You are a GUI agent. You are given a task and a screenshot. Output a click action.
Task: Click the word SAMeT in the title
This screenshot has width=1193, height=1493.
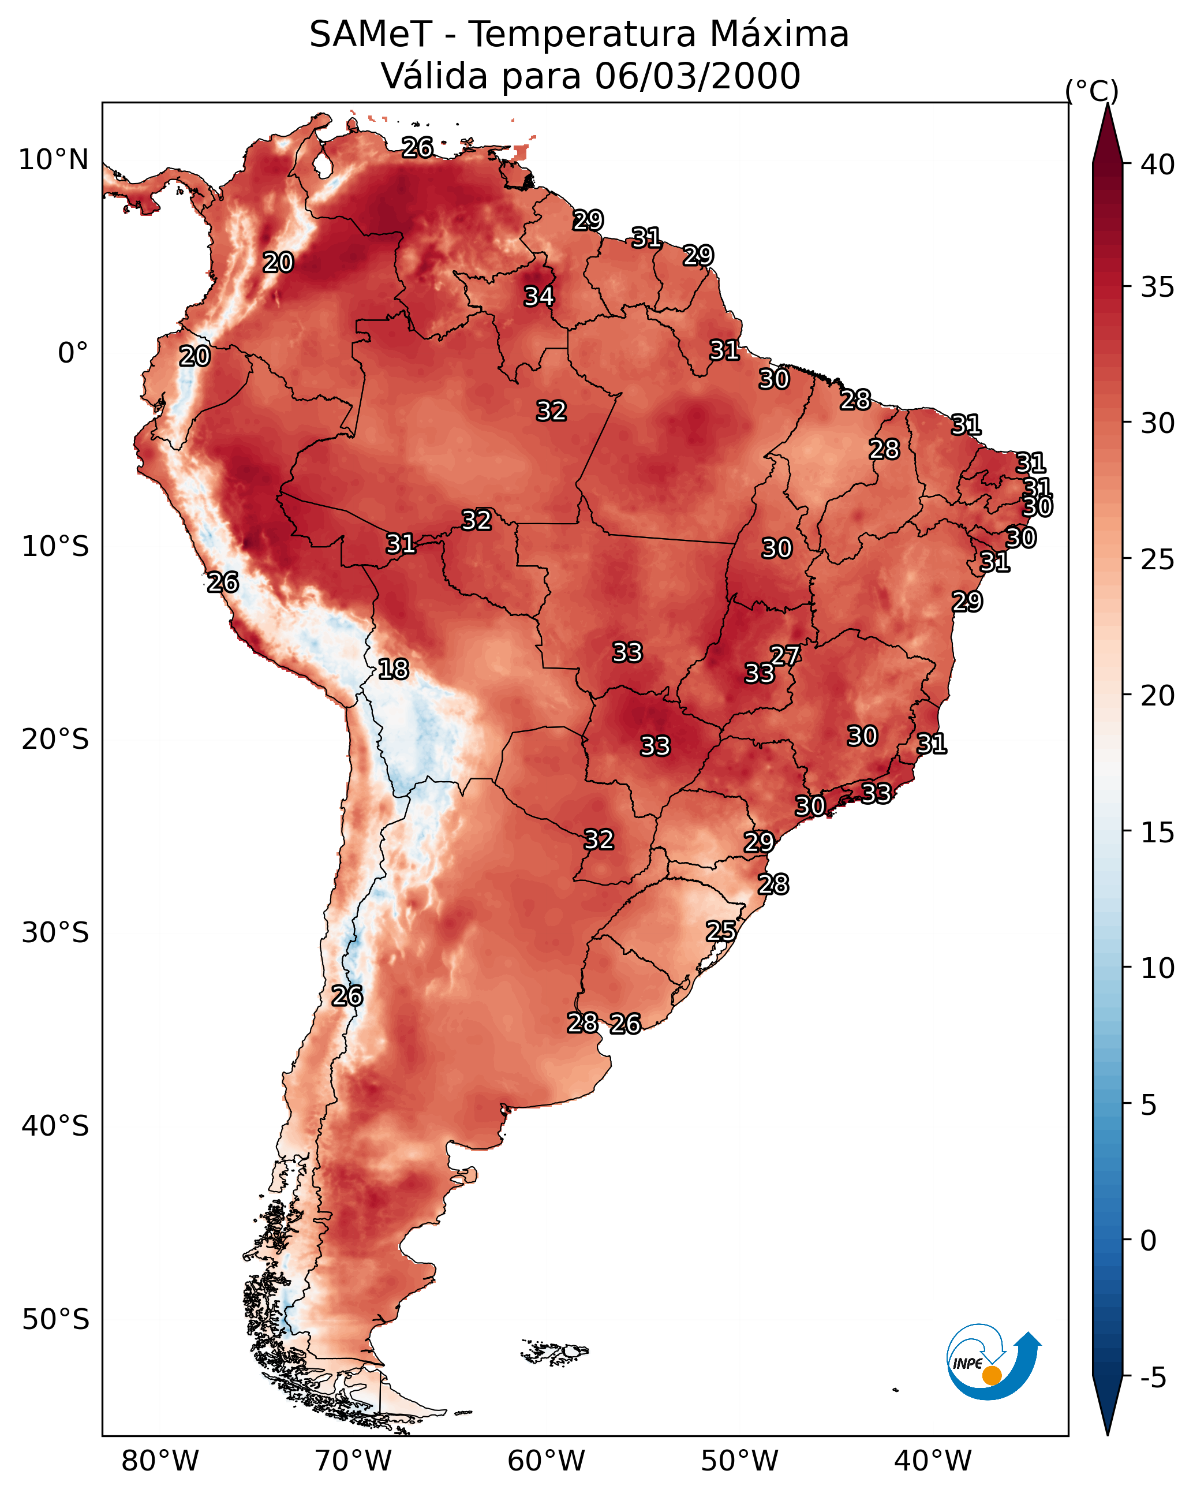(x=371, y=35)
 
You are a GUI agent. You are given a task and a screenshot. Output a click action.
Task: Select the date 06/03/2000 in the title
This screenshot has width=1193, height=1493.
(x=697, y=76)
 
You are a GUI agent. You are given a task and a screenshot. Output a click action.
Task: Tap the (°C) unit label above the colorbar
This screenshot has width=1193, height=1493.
(x=1092, y=91)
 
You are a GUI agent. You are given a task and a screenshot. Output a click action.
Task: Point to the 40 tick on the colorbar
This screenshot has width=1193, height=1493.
(x=1158, y=165)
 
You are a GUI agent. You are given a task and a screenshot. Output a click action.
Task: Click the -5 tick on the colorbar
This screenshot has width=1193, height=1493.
(x=1153, y=1378)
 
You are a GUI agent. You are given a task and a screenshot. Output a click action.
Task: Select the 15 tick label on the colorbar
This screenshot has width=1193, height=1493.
(x=1158, y=833)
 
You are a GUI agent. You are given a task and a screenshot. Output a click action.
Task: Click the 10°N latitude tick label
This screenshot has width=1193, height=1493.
(x=53, y=160)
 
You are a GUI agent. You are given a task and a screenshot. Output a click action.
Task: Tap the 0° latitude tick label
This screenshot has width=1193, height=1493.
(x=73, y=353)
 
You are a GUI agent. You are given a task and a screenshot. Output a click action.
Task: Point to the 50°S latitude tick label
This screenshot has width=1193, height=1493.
(x=55, y=1320)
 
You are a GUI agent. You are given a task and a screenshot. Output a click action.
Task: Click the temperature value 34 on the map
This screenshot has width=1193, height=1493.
(x=538, y=296)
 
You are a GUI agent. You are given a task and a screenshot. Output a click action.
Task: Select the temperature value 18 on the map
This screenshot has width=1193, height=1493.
(x=393, y=669)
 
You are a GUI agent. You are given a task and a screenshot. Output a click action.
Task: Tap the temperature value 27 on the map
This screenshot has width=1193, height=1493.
(x=785, y=655)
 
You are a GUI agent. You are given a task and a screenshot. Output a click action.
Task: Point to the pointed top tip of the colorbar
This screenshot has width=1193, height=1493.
(x=1107, y=104)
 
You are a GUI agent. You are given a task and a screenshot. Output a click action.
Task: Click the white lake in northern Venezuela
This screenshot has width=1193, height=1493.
(x=322, y=164)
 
